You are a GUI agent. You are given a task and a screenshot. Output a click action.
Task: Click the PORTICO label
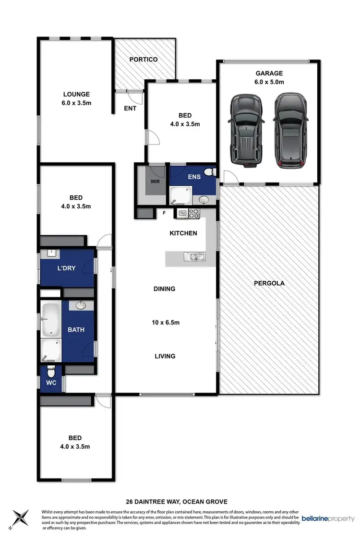click(144, 60)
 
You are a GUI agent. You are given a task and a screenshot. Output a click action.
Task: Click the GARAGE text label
click(269, 73)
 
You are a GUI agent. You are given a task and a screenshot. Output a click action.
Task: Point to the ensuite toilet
click(209, 172)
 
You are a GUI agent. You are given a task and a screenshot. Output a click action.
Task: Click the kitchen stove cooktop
click(194, 214)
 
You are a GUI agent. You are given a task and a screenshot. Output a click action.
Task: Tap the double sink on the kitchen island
click(194, 257)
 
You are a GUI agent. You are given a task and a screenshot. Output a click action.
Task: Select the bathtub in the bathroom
click(50, 319)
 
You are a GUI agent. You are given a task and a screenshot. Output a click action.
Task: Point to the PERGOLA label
click(269, 283)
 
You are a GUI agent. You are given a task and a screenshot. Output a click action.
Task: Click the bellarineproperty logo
click(328, 519)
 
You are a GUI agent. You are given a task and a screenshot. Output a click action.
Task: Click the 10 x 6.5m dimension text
click(164, 323)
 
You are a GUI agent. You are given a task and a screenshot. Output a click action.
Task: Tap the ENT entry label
click(130, 108)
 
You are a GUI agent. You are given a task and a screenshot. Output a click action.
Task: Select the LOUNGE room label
click(77, 94)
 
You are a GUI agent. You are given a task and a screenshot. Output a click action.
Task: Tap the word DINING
click(164, 289)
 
